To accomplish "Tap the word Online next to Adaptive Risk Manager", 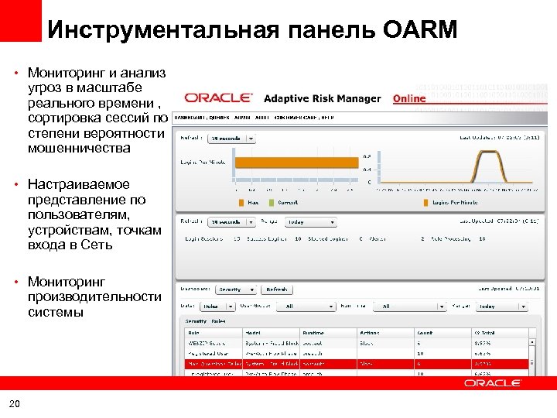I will [x=409, y=98].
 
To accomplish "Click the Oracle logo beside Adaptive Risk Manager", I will [x=218, y=98].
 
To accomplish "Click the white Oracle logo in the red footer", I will [x=493, y=383].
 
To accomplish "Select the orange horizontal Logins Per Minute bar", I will [x=297, y=163].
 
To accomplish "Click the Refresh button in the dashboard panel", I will [x=276, y=290].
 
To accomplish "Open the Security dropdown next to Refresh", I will [x=234, y=290].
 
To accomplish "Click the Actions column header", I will [x=370, y=332].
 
